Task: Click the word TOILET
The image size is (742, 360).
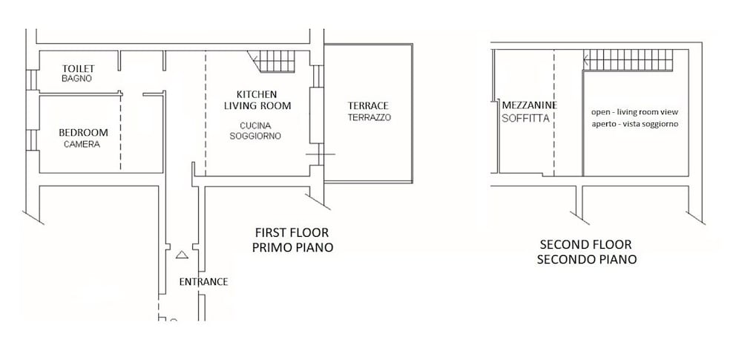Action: [x=79, y=69]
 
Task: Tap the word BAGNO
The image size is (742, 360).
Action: [x=76, y=79]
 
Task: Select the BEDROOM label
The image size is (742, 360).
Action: [x=83, y=133]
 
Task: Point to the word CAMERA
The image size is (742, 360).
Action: [x=82, y=144]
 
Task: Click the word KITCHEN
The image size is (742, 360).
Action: [x=257, y=94]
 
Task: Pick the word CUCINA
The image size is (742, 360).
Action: [x=255, y=126]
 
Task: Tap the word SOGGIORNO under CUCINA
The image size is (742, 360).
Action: [x=255, y=136]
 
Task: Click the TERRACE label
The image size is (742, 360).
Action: [x=368, y=105]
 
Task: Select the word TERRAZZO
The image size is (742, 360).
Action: [x=370, y=117]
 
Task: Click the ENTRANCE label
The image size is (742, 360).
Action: [x=203, y=282]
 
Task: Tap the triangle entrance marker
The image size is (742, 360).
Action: [x=182, y=255]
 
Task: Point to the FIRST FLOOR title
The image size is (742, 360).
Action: [x=292, y=232]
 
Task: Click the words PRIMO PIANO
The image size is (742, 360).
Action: [x=292, y=247]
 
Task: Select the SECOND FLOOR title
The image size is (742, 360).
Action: [x=586, y=245]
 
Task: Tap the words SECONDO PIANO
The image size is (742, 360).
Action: [x=587, y=260]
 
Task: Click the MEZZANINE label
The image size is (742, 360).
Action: [x=530, y=105]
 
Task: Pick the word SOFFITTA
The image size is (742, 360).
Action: [x=526, y=119]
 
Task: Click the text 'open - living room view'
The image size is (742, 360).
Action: [x=635, y=112]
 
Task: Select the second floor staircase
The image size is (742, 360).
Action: [x=628, y=60]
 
